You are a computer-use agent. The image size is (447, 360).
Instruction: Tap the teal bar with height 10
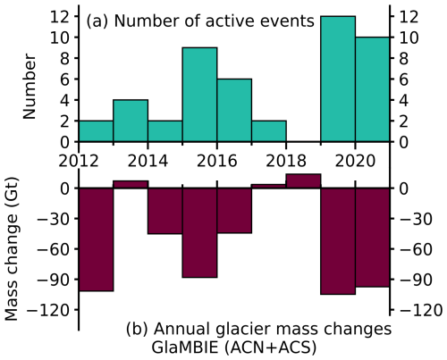[x=372, y=89]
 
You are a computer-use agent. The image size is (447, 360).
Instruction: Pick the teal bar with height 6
[x=234, y=110]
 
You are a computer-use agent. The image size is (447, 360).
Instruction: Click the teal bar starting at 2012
[x=97, y=131]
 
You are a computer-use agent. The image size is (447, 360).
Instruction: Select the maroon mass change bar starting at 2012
[x=97, y=239]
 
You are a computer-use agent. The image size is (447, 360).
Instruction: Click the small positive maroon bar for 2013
[x=131, y=185]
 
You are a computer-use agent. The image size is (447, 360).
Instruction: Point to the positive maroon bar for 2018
[x=303, y=181]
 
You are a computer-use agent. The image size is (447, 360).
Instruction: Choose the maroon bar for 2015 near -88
[x=200, y=232]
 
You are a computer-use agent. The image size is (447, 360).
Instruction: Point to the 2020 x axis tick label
[x=355, y=161]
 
